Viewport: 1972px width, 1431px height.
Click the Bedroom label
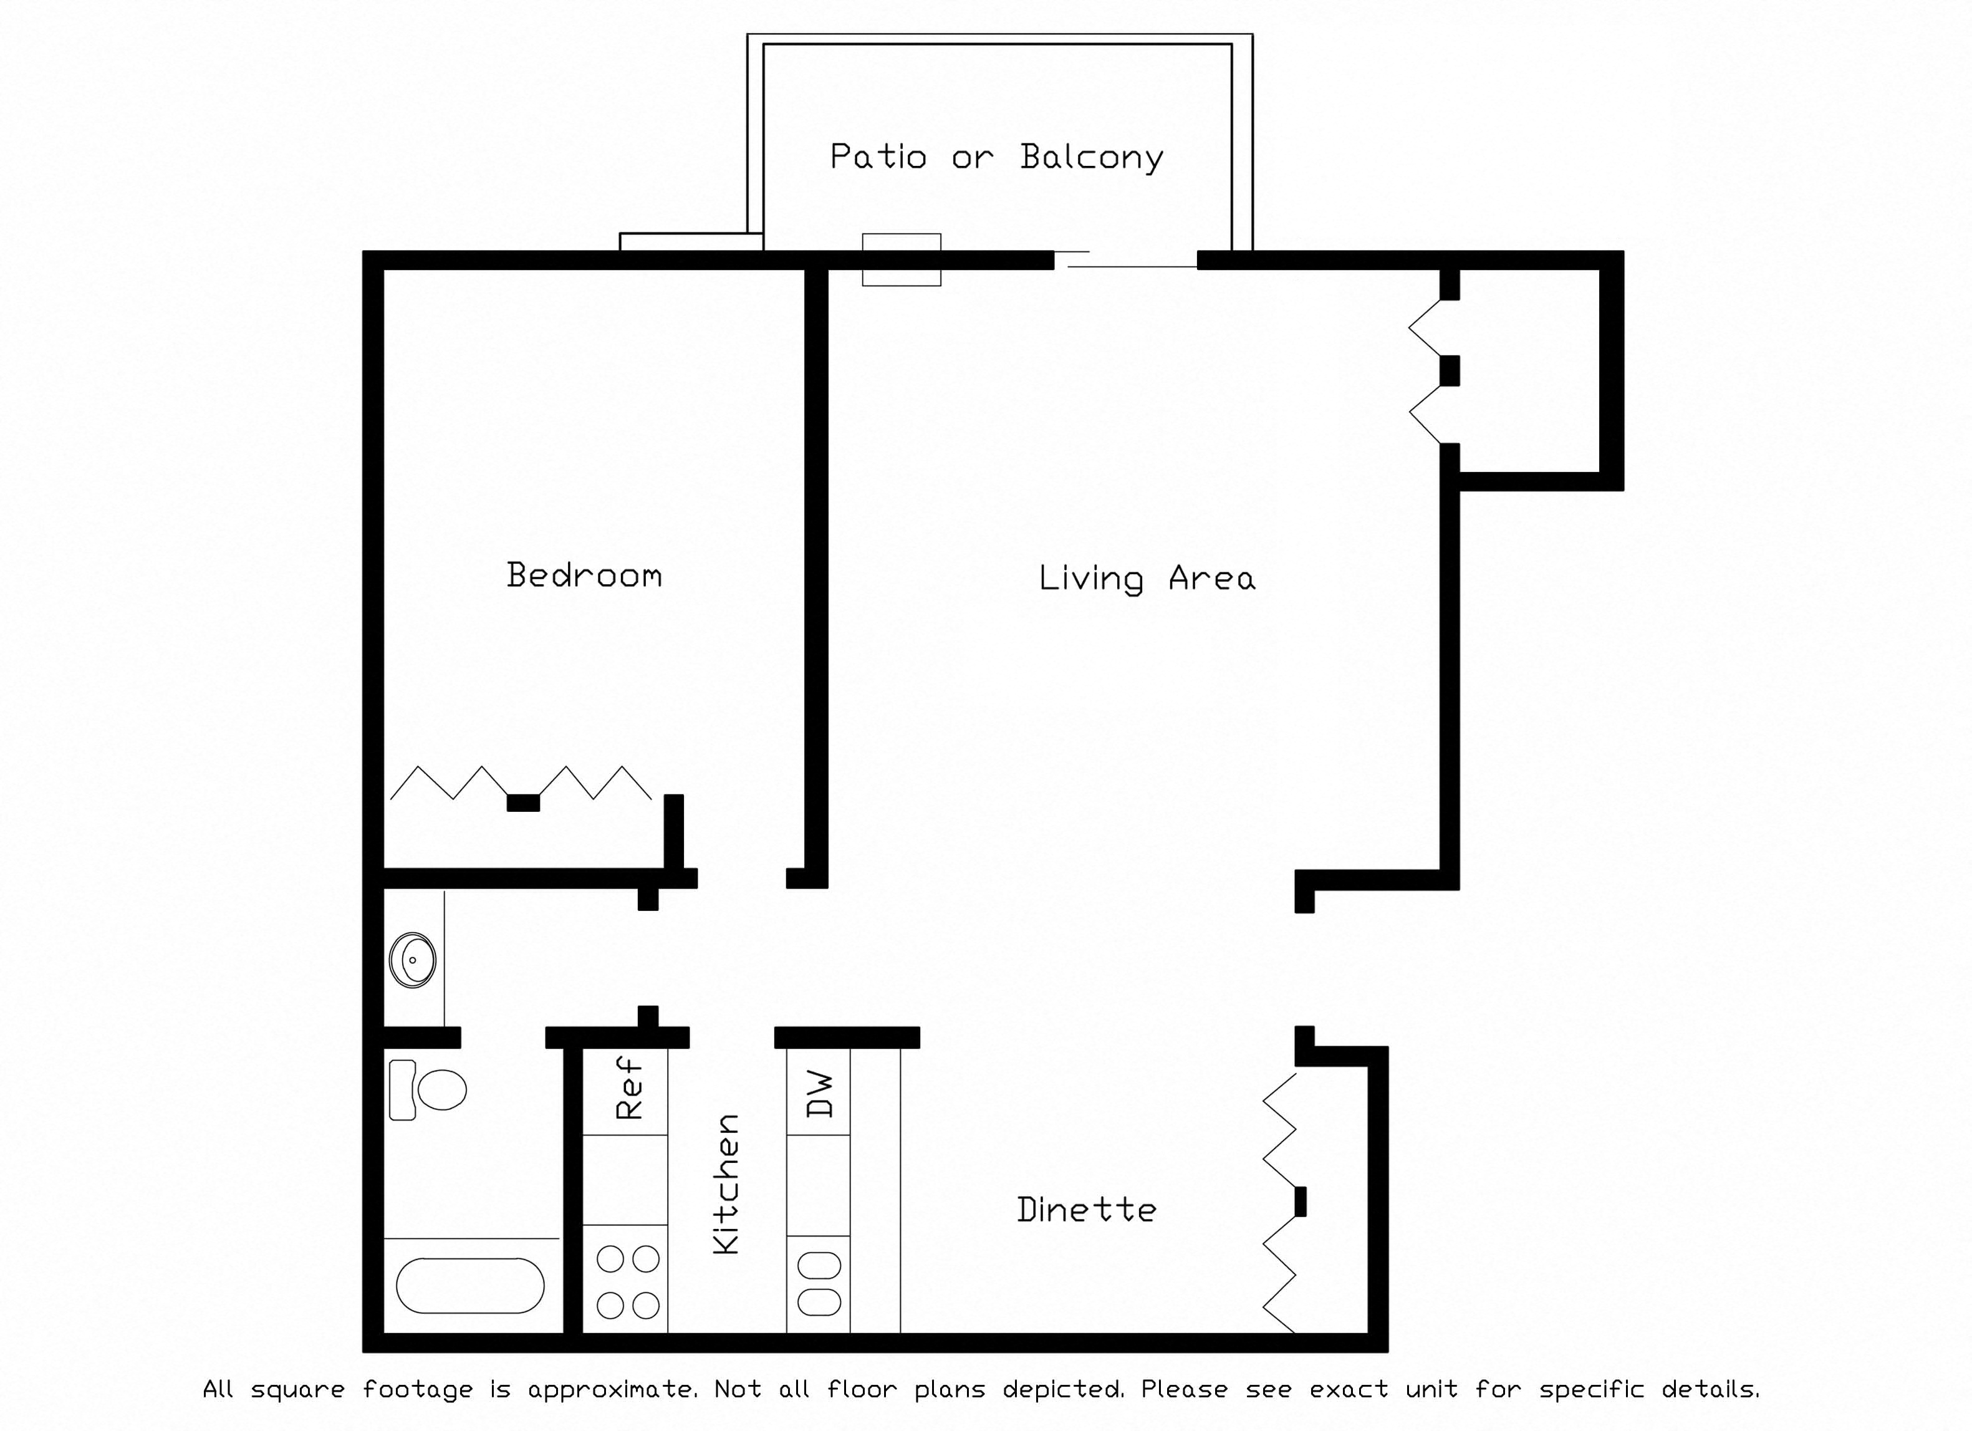coord(584,576)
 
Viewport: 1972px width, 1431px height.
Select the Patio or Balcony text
coord(996,157)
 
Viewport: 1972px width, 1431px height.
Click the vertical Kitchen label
coord(726,1184)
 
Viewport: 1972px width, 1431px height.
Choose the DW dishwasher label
coord(820,1094)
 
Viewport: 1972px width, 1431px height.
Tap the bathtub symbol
coord(470,1285)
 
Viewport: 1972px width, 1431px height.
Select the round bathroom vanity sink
coord(413,960)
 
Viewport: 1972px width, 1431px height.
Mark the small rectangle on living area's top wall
coord(902,259)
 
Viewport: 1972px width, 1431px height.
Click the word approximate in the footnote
coord(612,1389)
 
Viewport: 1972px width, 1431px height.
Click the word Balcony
coord(1092,157)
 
